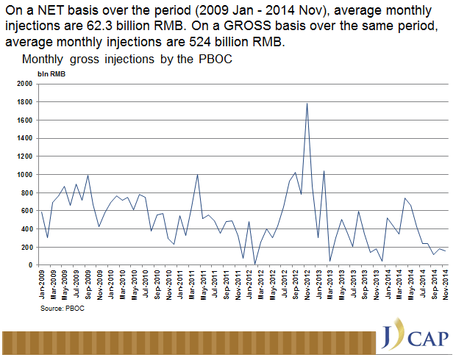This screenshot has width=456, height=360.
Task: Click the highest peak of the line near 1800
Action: click(306, 103)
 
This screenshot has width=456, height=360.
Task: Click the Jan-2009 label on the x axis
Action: click(42, 283)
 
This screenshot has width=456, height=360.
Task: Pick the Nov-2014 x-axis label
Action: click(446, 283)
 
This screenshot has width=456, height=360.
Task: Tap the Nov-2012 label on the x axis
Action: click(307, 283)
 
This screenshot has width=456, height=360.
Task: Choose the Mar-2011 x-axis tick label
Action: click(192, 283)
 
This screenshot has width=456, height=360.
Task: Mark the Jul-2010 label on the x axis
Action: click(146, 283)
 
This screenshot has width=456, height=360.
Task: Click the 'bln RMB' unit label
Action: click(51, 73)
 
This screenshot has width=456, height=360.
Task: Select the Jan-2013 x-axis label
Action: click(319, 283)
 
